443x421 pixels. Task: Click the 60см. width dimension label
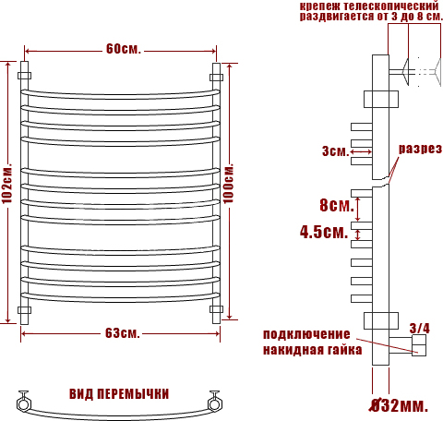[x=124, y=49]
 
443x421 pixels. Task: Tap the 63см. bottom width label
[x=123, y=332]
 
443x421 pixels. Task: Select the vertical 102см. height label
[x=6, y=184]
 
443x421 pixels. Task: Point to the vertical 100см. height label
[x=229, y=184]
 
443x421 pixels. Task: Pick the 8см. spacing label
[x=337, y=205]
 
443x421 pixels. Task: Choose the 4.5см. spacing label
[x=324, y=232]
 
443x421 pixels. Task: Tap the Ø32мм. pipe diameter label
[x=399, y=405]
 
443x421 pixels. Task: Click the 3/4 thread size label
[x=420, y=328]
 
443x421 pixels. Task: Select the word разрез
[x=420, y=149]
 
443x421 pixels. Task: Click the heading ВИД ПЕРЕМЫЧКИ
[x=119, y=394]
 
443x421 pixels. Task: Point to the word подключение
[x=306, y=334]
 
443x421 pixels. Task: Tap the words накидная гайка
[x=312, y=350]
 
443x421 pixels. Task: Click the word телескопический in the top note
[x=391, y=6]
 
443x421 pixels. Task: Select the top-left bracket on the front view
[x=24, y=76]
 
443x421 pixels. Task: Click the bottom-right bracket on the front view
[x=216, y=309]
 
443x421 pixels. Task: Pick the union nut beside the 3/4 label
[x=419, y=345]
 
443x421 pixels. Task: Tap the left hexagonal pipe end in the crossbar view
[x=23, y=403]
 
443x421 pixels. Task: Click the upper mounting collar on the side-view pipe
[x=381, y=99]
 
